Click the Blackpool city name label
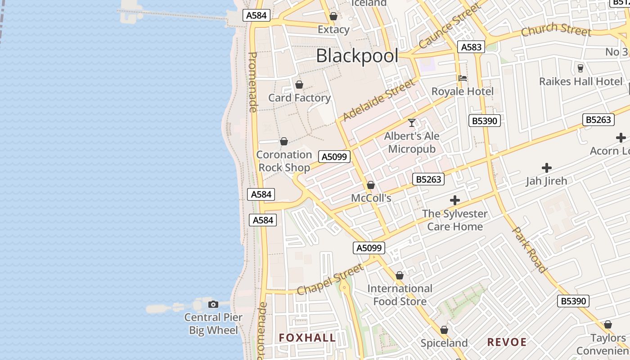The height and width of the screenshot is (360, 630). [357, 56]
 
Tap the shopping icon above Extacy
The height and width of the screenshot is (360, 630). [333, 17]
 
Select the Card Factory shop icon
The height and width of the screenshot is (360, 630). [299, 85]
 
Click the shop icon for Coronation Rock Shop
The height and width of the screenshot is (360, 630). [284, 142]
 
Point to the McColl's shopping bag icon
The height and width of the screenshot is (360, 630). [371, 185]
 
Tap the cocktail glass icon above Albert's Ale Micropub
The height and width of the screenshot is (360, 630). [412, 123]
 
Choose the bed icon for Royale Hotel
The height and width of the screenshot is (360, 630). [463, 78]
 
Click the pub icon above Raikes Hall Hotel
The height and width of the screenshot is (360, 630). [580, 68]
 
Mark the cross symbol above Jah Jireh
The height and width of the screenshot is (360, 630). [547, 168]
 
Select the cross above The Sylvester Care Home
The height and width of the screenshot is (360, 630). [455, 200]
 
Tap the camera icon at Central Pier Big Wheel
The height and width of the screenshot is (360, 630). [213, 305]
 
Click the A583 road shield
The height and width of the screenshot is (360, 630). [471, 47]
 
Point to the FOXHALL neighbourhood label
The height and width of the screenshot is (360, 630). [307, 338]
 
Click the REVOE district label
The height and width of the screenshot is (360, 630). [507, 342]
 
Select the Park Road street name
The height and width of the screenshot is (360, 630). [530, 249]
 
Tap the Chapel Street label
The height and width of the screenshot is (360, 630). [330, 279]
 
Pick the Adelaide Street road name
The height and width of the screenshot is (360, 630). [378, 100]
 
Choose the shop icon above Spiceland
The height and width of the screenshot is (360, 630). [444, 330]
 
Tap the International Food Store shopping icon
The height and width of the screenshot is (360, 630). [400, 275]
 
